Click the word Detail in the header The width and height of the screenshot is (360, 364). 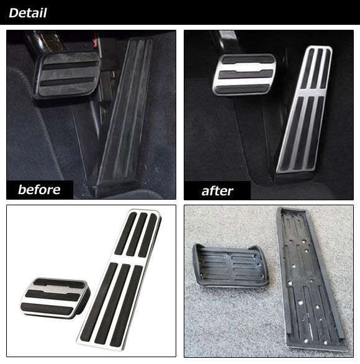pyautogui.click(x=28, y=13)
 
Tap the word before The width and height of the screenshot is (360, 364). pyautogui.click(x=39, y=190)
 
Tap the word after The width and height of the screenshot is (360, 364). pyautogui.click(x=217, y=191)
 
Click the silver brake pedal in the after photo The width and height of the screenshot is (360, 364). pyautogui.click(x=244, y=74)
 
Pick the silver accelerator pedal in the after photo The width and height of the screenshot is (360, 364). pyautogui.click(x=305, y=110)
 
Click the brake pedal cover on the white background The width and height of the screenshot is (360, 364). pyautogui.click(x=55, y=298)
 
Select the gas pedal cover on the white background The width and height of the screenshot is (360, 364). pyautogui.click(x=119, y=279)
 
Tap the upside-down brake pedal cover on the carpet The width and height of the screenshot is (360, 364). pyautogui.click(x=230, y=265)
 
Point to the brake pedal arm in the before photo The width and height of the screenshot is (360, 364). pyautogui.click(x=44, y=42)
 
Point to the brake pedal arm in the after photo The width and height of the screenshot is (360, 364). pyautogui.click(x=224, y=42)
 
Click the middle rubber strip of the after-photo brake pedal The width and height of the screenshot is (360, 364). pyautogui.click(x=245, y=74)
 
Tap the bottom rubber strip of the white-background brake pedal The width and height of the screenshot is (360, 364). pyautogui.click(x=48, y=308)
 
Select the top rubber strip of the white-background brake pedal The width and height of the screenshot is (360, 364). pyautogui.click(x=60, y=283)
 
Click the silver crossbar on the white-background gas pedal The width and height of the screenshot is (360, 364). pyautogui.click(x=128, y=259)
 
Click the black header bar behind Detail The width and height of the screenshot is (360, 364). pyautogui.click(x=180, y=12)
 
